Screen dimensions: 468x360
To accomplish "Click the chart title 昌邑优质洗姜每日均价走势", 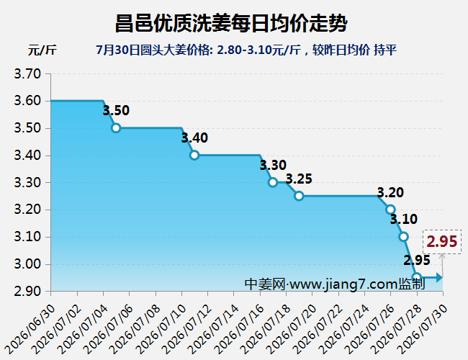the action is tap(231, 23).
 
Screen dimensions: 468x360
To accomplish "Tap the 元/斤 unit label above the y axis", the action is tap(42, 50).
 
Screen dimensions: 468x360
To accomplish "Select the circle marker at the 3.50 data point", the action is tap(116, 128).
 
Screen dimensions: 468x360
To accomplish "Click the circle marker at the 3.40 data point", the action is tap(194, 156).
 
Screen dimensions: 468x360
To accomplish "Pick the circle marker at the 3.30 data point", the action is tap(272, 182).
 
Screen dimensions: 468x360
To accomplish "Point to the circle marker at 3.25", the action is tap(299, 196).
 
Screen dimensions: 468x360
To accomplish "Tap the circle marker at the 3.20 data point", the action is tap(390, 210).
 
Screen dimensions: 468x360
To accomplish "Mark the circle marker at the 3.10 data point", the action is tap(403, 237).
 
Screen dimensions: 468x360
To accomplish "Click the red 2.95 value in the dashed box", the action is tap(442, 241).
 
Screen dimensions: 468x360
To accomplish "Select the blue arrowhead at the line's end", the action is tap(439, 278).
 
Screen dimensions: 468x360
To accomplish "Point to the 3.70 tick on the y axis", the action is tap(27, 73).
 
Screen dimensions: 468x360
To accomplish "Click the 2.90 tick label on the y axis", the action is tap(27, 292).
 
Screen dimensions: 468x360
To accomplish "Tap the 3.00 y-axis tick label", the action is tap(27, 264).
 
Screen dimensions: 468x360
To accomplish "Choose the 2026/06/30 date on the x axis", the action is tap(30, 329).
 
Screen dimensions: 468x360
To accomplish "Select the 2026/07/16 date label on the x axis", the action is tap(240, 329).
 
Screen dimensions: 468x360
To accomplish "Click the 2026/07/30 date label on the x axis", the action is tap(423, 329).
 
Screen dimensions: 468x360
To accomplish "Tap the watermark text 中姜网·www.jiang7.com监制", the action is tap(335, 284).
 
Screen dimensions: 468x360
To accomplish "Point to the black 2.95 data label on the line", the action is tap(417, 261).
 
